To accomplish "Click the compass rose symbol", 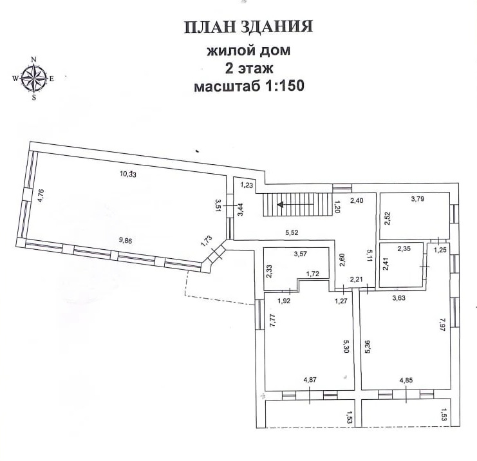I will (34, 79).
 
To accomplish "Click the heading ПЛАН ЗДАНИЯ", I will (248, 27).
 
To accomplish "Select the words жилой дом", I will (248, 51).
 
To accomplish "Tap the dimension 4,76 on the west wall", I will (39, 194).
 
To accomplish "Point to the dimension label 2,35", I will (404, 248).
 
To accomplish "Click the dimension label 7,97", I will (442, 321).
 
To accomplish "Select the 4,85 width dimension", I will (406, 381).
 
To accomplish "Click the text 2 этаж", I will (248, 68).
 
